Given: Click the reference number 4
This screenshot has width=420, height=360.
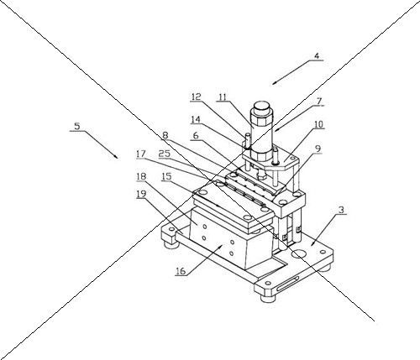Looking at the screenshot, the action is point(317,55).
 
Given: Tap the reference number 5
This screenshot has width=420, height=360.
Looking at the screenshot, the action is point(77,126).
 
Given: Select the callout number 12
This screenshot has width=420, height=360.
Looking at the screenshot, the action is point(196,97).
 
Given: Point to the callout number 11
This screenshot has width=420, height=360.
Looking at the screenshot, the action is point(223,97).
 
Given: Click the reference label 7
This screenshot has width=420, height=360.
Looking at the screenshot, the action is point(319,102).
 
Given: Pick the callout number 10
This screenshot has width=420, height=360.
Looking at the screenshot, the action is point(318,124).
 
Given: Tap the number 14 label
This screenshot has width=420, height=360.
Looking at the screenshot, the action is point(196,120).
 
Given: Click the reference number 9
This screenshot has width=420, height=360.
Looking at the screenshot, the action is point(318,149).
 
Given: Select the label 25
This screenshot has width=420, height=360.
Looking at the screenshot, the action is point(165,154).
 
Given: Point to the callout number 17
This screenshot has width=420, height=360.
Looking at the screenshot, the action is point(141,154).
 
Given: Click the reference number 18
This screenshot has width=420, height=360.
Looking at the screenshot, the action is point(141,176).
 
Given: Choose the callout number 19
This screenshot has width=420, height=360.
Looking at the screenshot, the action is point(141,194).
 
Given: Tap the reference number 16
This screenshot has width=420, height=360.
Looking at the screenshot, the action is point(181,271).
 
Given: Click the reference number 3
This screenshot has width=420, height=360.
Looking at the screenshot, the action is point(341,210).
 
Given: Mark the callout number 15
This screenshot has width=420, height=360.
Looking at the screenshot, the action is point(166,176).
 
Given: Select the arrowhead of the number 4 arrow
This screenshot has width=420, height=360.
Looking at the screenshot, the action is point(274,83).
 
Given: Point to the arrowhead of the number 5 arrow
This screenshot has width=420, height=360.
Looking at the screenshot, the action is point(116,157).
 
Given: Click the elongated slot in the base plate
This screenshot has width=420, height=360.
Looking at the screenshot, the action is point(288,284).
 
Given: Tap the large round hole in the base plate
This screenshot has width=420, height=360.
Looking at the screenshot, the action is point(299,254).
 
